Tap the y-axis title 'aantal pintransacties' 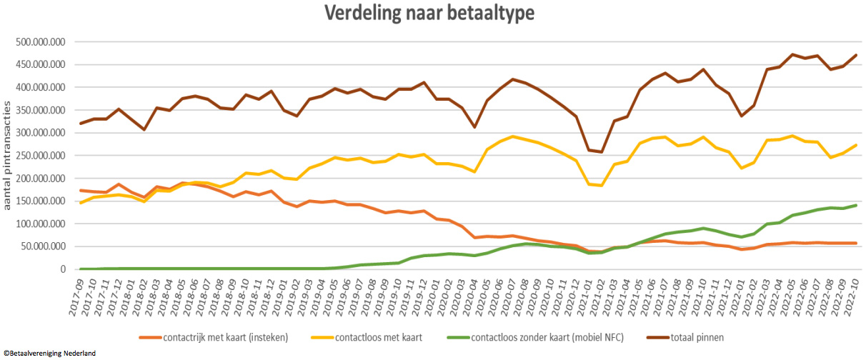pos(8,155)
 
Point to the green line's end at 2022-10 pos(855,205)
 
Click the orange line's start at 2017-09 pos(81,190)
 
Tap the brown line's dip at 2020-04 pos(475,127)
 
